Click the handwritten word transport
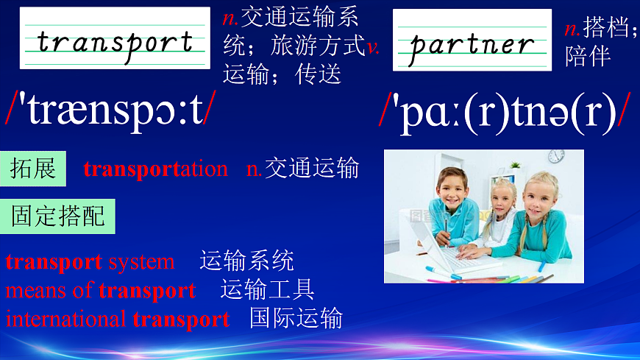[x=114, y=40]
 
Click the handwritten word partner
[x=472, y=44]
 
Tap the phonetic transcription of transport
[x=111, y=107]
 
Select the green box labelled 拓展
[x=33, y=169]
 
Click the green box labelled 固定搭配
[x=58, y=216]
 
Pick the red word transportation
[x=156, y=169]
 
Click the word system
[x=141, y=261]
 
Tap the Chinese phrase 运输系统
[x=246, y=261]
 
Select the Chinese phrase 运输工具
[x=267, y=290]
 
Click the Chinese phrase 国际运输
[x=296, y=319]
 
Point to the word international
[x=66, y=320]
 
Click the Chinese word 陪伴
[x=588, y=56]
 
